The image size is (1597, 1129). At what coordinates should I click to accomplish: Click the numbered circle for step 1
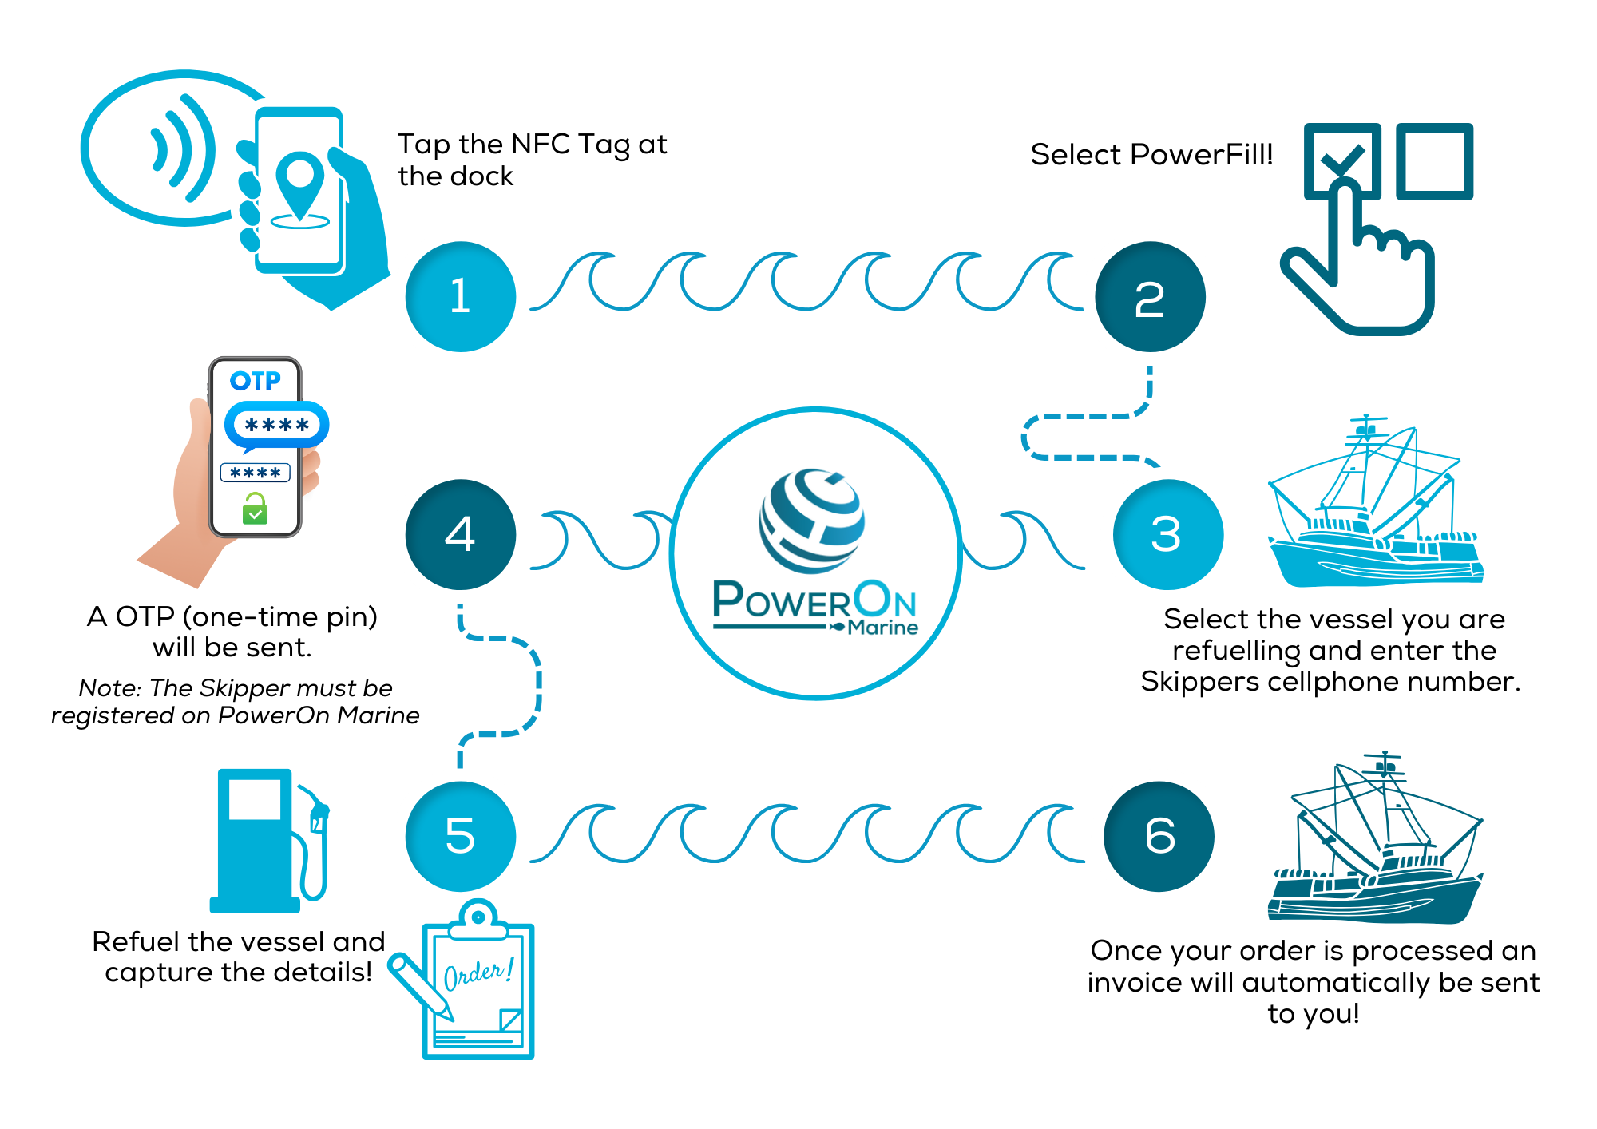click(x=460, y=296)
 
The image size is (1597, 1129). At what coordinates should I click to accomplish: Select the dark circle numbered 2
click(x=1150, y=296)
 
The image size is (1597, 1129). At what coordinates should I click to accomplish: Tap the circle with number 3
click(x=1167, y=534)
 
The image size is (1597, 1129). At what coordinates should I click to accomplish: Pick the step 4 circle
click(x=460, y=534)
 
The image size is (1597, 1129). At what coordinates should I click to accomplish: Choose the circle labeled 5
click(x=460, y=836)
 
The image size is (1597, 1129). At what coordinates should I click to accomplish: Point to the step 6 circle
click(x=1159, y=836)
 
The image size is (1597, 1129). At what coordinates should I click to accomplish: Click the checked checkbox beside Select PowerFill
click(x=1341, y=160)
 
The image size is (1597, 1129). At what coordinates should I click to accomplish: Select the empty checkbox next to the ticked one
click(x=1434, y=160)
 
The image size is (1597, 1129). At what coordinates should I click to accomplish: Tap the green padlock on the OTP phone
click(x=255, y=509)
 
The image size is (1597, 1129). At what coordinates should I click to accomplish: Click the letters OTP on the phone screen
click(x=256, y=381)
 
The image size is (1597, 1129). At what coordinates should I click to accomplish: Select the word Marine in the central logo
click(x=882, y=628)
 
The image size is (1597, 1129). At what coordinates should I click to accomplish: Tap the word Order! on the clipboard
click(x=478, y=973)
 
